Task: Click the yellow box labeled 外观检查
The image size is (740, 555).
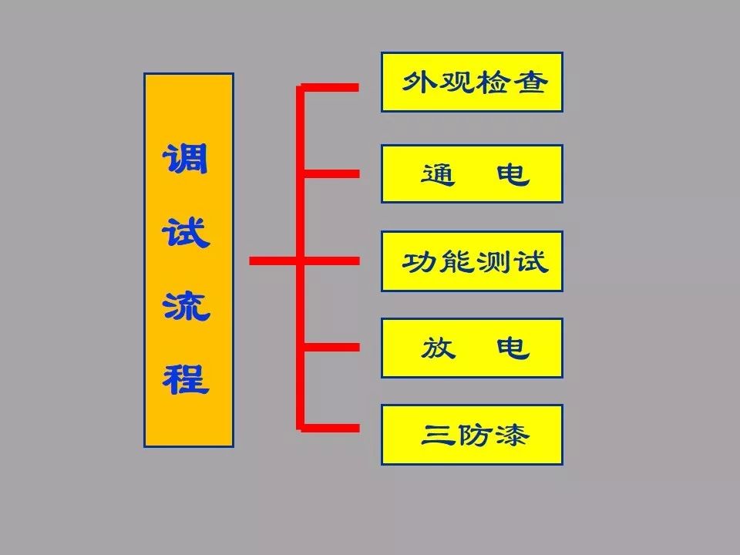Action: coord(472,82)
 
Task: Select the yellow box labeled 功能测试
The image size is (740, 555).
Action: coord(472,261)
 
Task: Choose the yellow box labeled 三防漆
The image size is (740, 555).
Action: coord(472,435)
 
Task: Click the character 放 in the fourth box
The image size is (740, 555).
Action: coord(438,348)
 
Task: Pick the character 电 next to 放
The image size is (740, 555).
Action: coord(513,348)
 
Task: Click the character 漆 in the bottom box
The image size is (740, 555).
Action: coord(513,436)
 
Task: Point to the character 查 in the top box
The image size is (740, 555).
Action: coord(529,82)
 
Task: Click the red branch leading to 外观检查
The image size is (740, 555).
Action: coord(331,88)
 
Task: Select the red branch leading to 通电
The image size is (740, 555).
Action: coord(331,173)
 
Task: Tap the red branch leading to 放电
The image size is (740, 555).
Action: coord(331,348)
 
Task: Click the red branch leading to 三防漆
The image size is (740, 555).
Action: coord(331,427)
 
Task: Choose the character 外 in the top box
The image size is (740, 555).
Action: coord(417,82)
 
